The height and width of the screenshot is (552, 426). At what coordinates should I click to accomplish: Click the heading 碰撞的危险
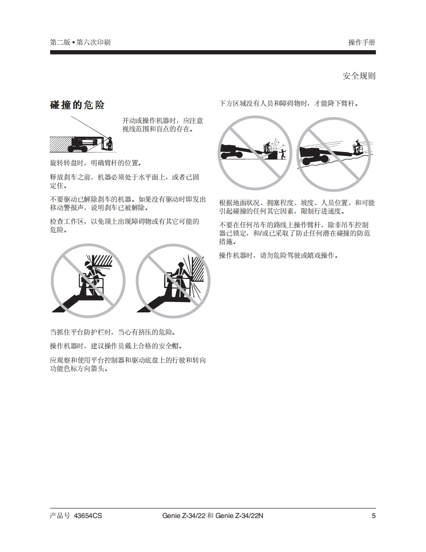(x=77, y=105)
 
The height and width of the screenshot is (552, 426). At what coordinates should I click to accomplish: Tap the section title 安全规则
(x=359, y=76)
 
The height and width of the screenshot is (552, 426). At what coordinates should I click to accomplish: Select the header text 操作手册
(x=362, y=42)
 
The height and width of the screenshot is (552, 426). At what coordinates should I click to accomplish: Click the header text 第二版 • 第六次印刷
(x=80, y=42)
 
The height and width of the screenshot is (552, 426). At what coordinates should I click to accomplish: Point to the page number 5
(x=373, y=516)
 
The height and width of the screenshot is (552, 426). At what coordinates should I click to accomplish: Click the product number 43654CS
(x=88, y=516)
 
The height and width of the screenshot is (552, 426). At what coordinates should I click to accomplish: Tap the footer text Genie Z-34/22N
(x=239, y=516)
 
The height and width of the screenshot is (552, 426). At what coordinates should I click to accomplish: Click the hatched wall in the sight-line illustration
(x=61, y=144)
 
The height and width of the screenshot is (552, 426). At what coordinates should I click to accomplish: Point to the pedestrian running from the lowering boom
(x=282, y=154)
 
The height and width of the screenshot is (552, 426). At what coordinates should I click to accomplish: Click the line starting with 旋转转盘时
(x=96, y=163)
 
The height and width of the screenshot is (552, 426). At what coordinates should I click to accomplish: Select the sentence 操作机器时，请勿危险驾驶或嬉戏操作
(x=279, y=255)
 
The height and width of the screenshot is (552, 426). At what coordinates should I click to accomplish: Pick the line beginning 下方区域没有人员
(x=289, y=103)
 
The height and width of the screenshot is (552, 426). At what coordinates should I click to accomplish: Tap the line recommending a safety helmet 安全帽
(x=116, y=346)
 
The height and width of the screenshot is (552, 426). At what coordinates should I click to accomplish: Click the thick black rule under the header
(x=213, y=53)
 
